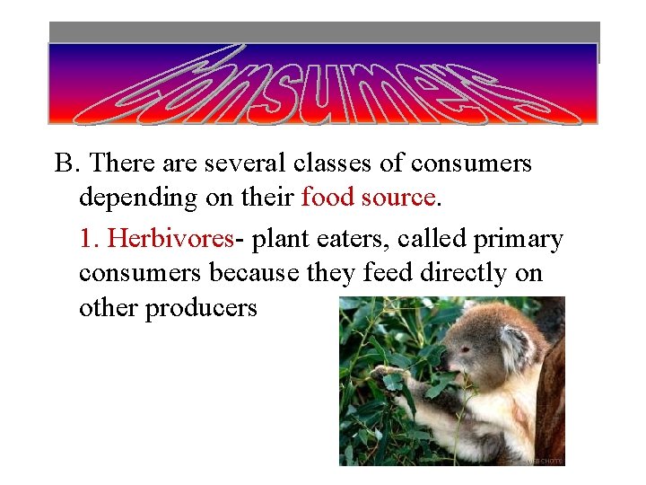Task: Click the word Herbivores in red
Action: [x=170, y=239]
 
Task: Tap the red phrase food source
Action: [x=368, y=196]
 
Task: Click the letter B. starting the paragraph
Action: [x=67, y=163]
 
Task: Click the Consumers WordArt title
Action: [x=323, y=84]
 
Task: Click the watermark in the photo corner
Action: [x=545, y=460]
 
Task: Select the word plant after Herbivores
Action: [x=275, y=239]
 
